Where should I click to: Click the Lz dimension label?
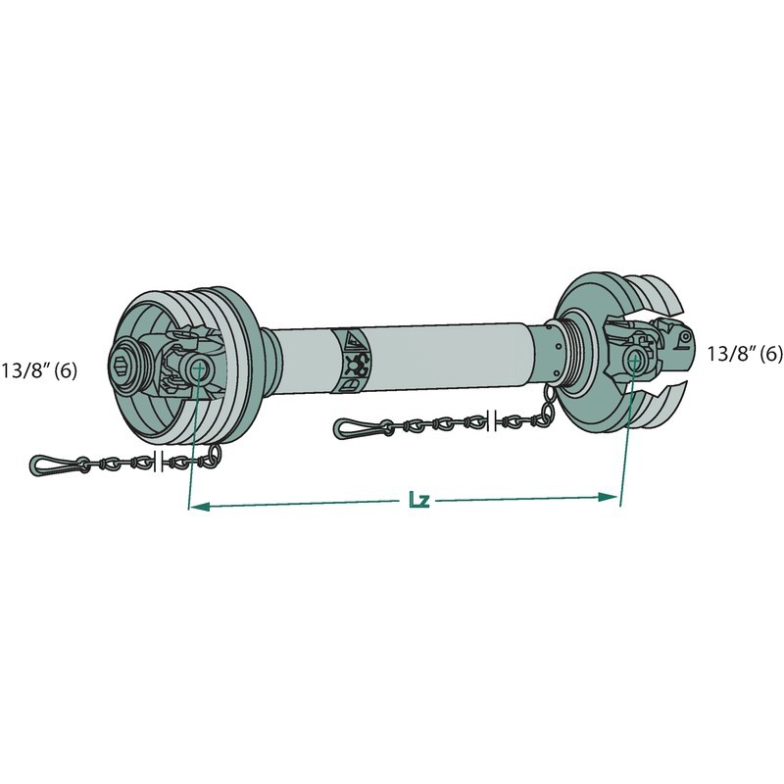419,500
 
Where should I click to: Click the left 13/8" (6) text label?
39,371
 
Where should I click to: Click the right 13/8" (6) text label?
745,354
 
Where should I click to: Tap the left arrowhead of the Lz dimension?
200,507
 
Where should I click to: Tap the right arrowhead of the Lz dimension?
609,497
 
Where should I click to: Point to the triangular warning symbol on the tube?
354,340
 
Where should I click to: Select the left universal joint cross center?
198,368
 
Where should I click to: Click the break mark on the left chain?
159,462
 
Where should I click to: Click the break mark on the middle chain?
491,420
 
